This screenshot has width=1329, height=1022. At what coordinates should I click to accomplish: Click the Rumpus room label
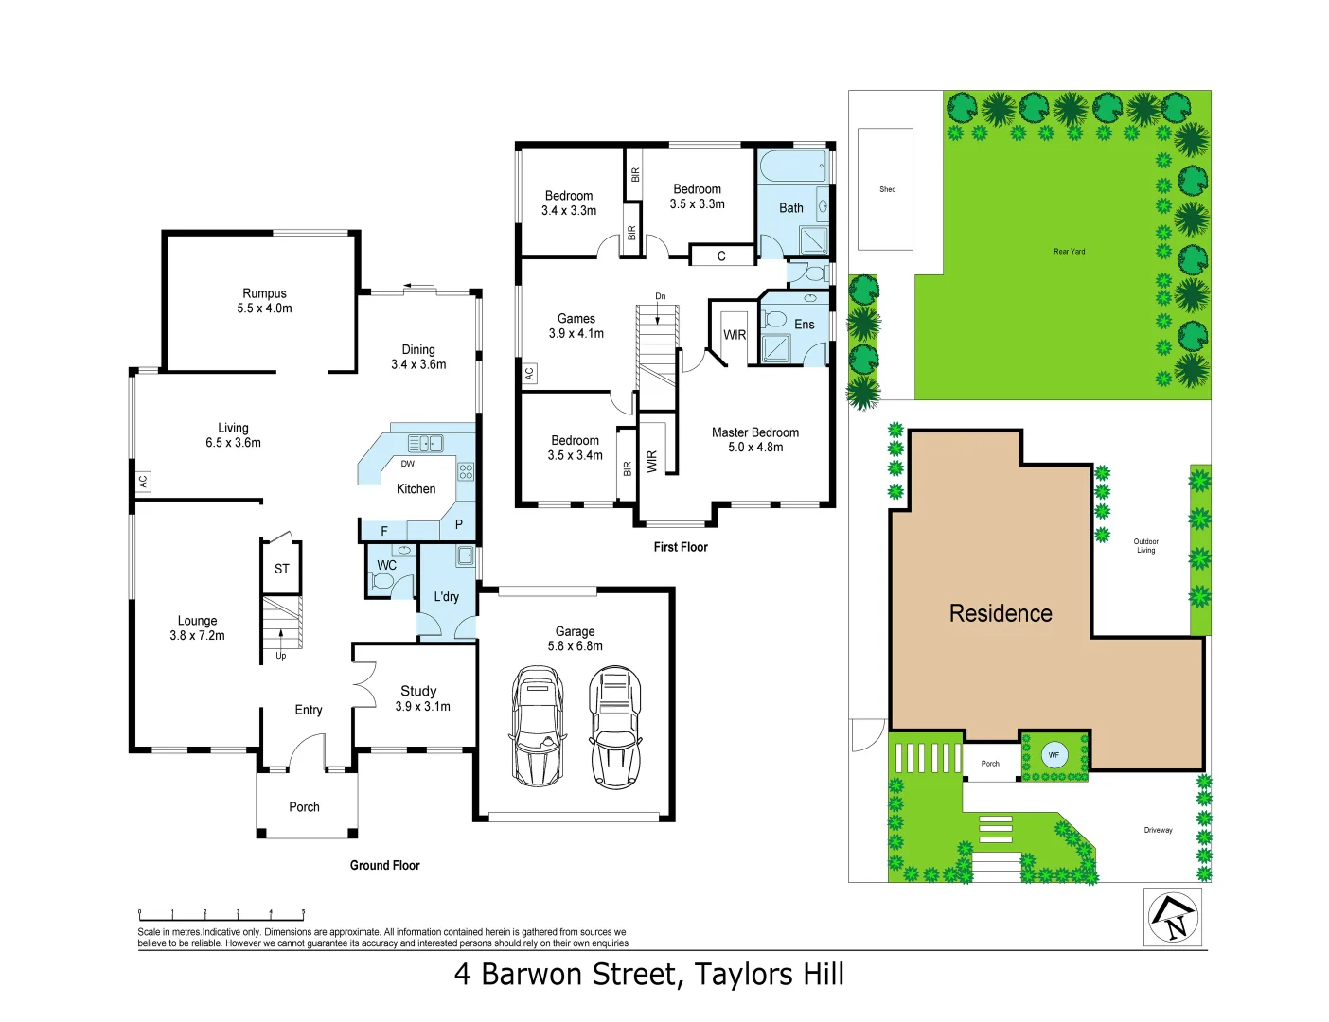[264, 293]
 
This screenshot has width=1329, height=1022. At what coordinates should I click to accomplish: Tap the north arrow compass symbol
[1173, 917]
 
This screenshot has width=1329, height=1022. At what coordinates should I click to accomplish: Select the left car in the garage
[537, 726]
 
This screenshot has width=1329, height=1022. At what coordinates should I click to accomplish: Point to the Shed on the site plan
[886, 189]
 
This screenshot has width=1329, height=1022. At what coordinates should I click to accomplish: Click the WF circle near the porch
[1054, 755]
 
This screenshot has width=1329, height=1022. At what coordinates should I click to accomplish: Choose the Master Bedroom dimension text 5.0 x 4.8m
[755, 448]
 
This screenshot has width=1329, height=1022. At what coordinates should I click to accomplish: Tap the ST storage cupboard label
[281, 569]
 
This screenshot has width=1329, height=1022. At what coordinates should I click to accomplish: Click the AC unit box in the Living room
[142, 481]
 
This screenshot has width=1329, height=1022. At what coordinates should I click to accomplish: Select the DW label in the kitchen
[407, 464]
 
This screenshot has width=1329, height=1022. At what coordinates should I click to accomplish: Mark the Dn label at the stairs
[660, 296]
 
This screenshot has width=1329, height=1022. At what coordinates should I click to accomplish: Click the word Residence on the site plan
[1001, 613]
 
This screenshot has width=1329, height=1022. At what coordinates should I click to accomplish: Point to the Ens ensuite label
[804, 325]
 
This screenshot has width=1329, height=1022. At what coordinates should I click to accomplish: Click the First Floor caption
[680, 547]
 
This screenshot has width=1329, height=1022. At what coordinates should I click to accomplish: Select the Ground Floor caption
[384, 865]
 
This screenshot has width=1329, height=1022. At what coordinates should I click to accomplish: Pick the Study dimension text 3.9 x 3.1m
[422, 707]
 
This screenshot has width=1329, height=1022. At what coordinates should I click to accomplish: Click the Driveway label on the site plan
[1158, 830]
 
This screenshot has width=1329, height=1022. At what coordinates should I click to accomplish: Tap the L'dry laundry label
[446, 596]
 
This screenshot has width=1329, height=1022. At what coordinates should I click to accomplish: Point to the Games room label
[576, 319]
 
